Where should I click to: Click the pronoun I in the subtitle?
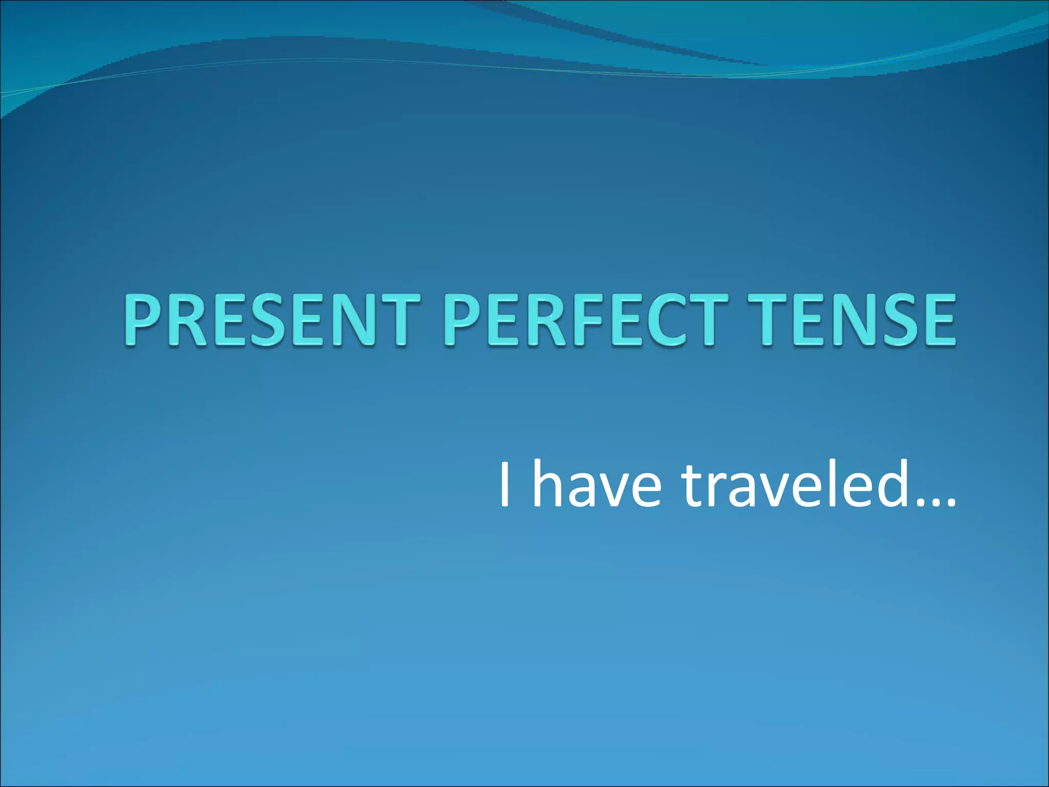click(x=505, y=484)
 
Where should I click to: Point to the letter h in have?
click(x=548, y=484)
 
